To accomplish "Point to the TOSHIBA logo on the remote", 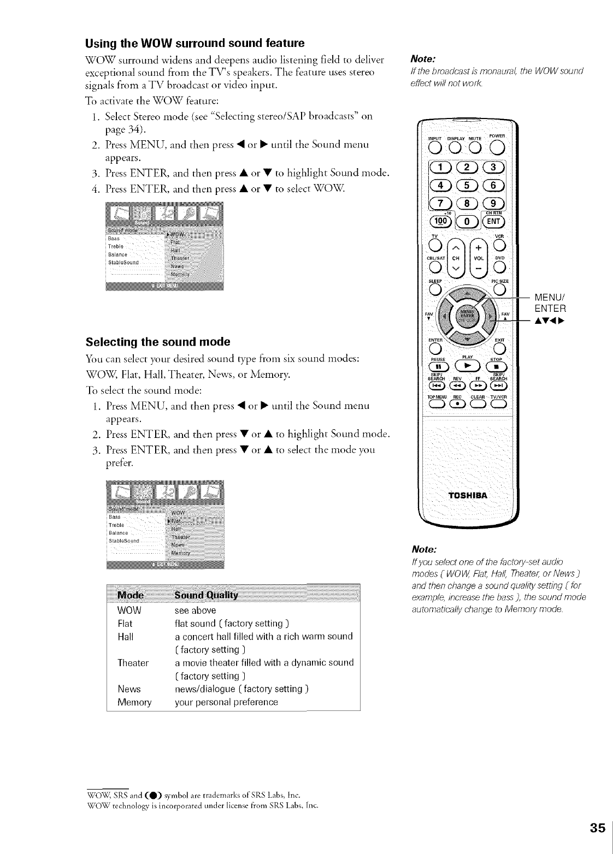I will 468,495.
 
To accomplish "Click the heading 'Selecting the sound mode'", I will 158,342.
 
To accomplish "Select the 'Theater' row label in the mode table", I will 133,663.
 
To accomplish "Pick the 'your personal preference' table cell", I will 226,702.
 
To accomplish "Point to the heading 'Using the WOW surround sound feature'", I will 194,43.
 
